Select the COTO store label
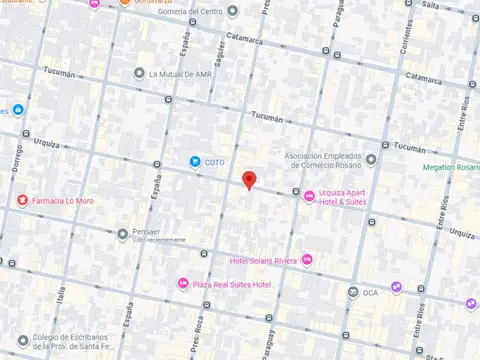coord(214,162)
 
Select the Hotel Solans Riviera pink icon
coord(307,261)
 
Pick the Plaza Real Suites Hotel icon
coord(182,285)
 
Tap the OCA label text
coord(370,293)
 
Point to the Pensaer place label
coord(146,231)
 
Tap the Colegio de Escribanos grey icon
coord(23,340)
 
